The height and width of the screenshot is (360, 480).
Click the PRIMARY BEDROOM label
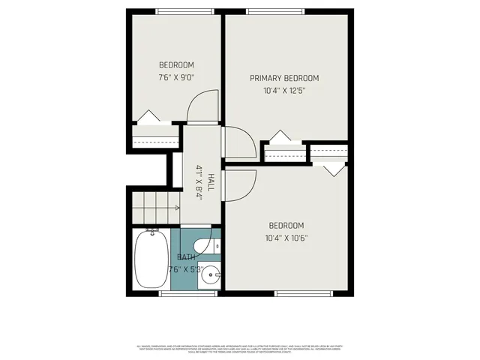[284, 78]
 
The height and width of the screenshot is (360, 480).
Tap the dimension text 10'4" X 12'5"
[284, 91]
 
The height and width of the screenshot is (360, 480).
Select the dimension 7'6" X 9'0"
[176, 77]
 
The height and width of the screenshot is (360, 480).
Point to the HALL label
[211, 181]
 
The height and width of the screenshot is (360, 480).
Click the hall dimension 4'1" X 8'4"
[199, 181]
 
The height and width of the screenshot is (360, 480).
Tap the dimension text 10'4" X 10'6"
[286, 238]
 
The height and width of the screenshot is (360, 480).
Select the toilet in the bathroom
[205, 246]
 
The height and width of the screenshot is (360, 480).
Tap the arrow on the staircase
[175, 208]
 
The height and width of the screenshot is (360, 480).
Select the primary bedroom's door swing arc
[236, 142]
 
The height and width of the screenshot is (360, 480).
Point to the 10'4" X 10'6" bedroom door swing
[240, 184]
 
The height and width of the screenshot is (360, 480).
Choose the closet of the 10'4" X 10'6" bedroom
[328, 153]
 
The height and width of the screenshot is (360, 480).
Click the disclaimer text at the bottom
[240, 349]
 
